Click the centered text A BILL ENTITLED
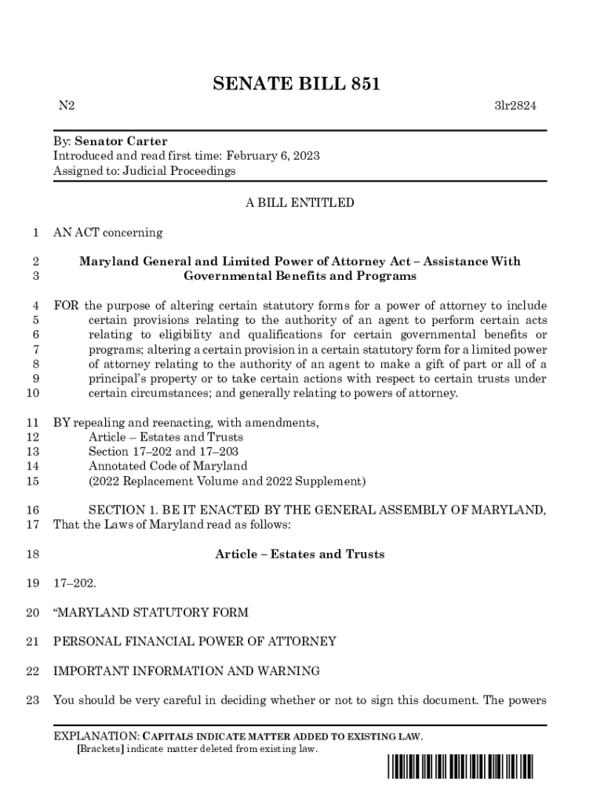point(300,203)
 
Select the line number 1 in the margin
point(36,232)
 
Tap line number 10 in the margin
point(33,393)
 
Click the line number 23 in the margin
point(33,699)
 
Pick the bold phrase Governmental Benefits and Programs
point(300,276)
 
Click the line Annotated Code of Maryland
point(168,466)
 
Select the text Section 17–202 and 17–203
point(164,452)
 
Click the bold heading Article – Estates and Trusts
point(300,554)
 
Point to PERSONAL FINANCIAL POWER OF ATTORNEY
point(195,641)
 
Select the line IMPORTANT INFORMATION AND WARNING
point(186,670)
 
